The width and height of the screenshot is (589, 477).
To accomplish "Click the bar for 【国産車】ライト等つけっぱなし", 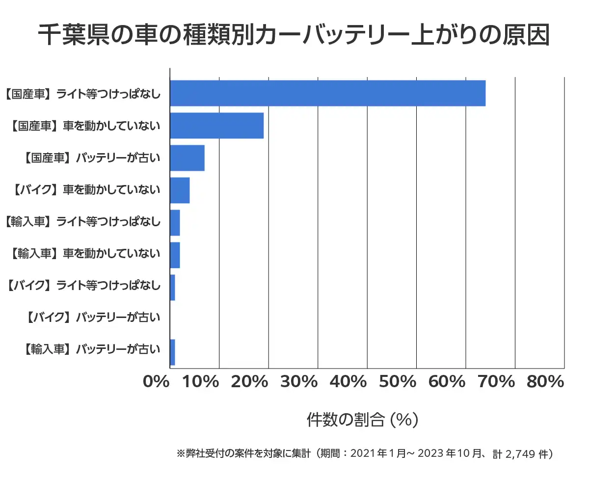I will pyautogui.click(x=327, y=93).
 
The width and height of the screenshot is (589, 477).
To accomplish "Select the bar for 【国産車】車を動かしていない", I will pyautogui.click(x=216, y=126).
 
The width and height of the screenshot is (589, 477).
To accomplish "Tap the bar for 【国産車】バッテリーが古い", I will pyautogui.click(x=187, y=158).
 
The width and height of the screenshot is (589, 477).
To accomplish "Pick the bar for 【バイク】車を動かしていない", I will pyautogui.click(x=180, y=190).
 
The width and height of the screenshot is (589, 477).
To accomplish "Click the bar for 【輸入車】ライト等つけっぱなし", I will pyautogui.click(x=175, y=223).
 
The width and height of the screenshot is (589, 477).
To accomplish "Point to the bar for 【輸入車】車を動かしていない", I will pyautogui.click(x=175, y=255).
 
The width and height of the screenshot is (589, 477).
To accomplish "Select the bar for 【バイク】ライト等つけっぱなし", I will pyautogui.click(x=172, y=288).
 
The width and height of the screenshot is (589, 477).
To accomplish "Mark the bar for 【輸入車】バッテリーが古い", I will pyautogui.click(x=172, y=352).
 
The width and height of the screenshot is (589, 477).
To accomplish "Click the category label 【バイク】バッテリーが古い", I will pyautogui.click(x=92, y=318).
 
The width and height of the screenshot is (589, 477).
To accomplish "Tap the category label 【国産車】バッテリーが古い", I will pyautogui.click(x=92, y=158).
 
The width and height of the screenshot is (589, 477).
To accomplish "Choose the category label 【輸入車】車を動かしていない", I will pyautogui.click(x=85, y=254).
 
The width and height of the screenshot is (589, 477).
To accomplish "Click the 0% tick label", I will pyautogui.click(x=156, y=382).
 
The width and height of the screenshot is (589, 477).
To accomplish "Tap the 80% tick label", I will pyautogui.click(x=545, y=382).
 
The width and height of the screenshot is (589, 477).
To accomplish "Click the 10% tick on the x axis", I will pyautogui.click(x=201, y=382).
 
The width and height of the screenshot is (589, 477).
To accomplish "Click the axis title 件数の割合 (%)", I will pyautogui.click(x=362, y=420).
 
